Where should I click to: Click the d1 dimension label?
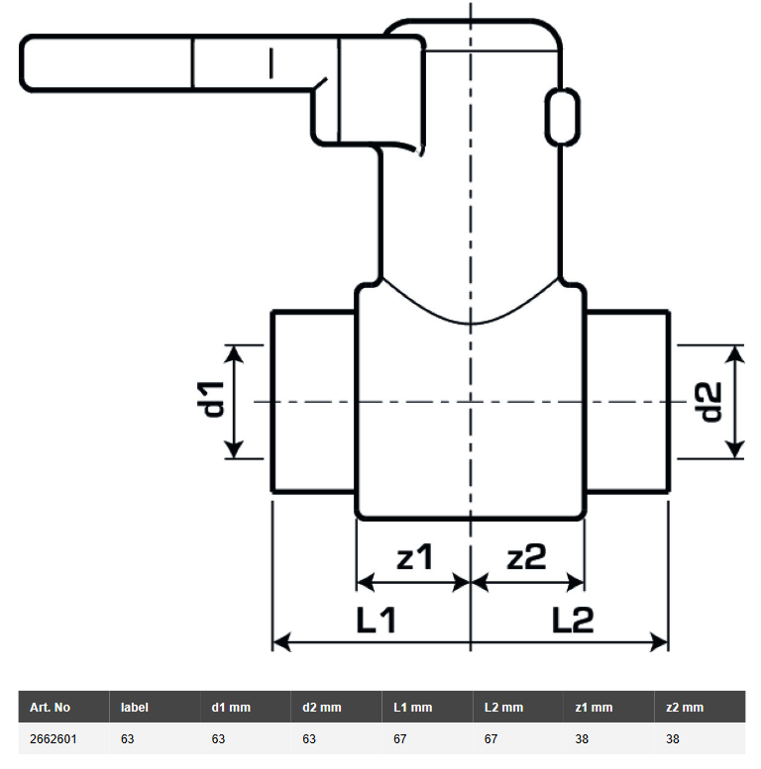211,399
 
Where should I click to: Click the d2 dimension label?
709,402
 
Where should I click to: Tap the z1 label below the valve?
415,556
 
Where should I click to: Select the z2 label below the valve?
526,556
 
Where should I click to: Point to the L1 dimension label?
377,620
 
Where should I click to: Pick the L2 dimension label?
573,620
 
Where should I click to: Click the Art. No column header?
50,708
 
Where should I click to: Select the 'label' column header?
134,708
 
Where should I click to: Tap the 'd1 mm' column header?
231,708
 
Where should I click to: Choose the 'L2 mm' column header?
503,708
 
